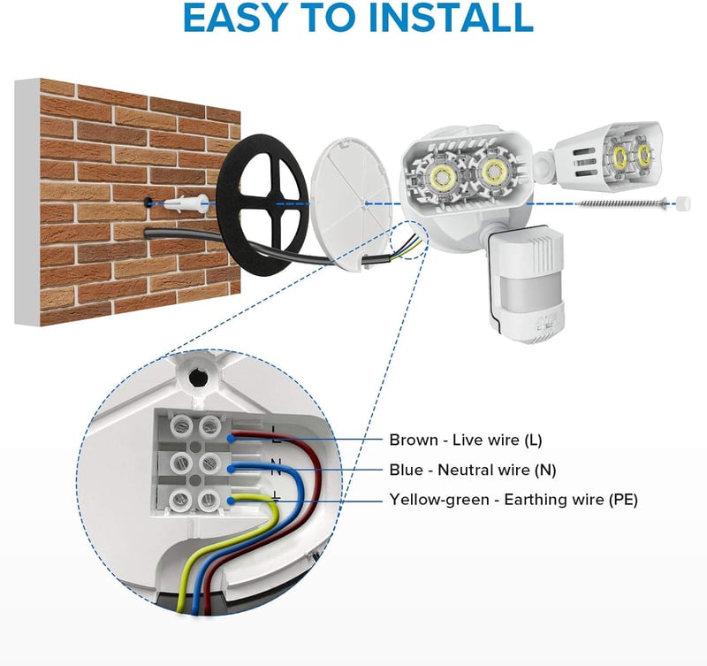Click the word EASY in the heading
[236, 17]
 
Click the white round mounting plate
[351, 204]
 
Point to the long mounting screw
[622, 203]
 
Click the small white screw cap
[684, 203]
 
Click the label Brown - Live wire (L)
[466, 440]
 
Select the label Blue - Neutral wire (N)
[473, 470]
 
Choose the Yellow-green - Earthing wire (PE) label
[513, 500]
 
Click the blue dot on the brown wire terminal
[231, 438]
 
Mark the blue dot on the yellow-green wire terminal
[231, 500]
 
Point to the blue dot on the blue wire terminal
[231, 469]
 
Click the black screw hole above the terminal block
[196, 377]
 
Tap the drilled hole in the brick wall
[148, 203]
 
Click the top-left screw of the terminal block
[180, 425]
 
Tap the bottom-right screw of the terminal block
[209, 499]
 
